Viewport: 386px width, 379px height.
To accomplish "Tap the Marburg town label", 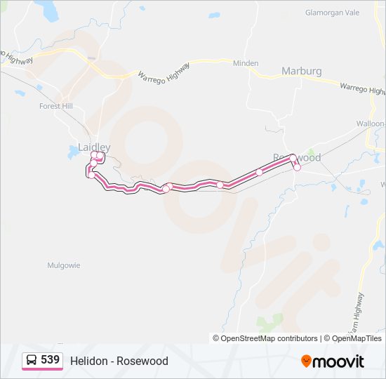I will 301,71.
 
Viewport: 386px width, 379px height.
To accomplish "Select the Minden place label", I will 246,63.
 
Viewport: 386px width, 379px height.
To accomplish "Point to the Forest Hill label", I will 56,106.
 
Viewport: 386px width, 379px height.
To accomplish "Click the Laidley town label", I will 94,147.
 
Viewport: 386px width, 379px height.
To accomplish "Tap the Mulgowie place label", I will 64,265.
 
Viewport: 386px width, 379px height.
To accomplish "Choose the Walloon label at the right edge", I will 371,124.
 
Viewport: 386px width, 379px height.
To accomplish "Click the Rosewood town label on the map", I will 297,157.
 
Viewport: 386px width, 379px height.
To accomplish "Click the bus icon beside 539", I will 32,360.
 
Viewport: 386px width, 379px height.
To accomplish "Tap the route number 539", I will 50,360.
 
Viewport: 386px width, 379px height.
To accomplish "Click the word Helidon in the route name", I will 88,361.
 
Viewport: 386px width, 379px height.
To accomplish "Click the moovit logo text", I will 339,361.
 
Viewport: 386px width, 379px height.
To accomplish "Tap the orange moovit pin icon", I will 307,361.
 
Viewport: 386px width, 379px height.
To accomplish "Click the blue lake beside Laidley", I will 74,151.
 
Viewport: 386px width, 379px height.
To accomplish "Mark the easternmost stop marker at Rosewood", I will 297,167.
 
